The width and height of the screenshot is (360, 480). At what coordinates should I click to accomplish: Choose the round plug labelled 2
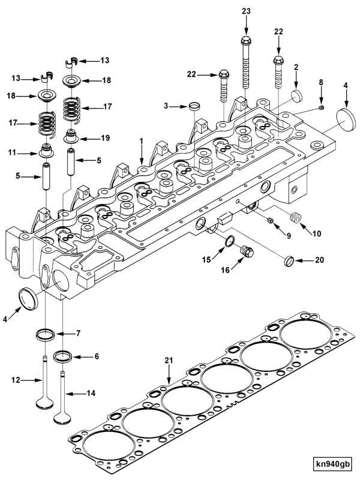click(298, 97)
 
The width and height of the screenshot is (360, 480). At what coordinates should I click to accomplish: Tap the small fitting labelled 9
click(271, 222)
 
